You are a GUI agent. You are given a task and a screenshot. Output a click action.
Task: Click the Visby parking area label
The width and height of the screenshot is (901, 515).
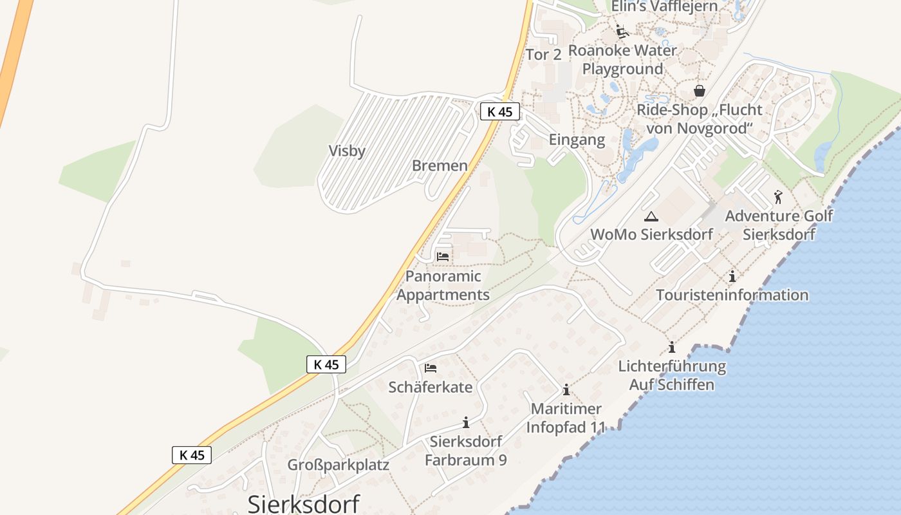coord(347,151)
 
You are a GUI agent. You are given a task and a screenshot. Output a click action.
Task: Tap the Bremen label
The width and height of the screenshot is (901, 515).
coord(440,165)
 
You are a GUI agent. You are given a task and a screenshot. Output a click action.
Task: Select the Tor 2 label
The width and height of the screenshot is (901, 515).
coord(543,55)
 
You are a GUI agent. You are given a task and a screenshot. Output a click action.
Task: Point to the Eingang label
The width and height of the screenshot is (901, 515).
coord(577,140)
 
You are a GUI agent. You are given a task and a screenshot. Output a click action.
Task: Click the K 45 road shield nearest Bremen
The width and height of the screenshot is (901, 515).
coord(499,111)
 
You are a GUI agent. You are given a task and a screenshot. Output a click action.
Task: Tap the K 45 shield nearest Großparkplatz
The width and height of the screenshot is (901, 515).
coord(192,454)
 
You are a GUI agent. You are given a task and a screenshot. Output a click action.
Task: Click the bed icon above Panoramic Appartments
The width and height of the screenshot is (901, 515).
coord(443,256)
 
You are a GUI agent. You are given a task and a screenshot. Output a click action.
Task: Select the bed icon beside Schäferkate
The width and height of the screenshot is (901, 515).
coord(431,368)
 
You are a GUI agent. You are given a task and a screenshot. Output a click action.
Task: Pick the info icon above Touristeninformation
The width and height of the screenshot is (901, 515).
coord(732,277)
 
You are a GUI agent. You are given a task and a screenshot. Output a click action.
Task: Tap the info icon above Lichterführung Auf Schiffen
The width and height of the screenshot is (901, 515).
coord(672,348)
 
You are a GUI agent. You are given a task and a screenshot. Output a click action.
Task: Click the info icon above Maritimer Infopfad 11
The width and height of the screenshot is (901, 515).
coord(566,389)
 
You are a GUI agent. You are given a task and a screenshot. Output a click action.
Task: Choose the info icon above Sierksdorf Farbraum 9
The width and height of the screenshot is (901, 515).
coord(465,423)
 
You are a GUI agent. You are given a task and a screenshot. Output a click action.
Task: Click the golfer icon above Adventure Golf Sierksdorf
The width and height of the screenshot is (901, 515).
coord(778,197)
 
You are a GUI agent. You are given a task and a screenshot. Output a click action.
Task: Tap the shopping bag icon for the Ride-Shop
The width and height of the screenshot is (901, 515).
coord(700,91)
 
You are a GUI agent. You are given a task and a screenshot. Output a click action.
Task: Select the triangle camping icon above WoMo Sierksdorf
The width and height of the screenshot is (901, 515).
coord(651,216)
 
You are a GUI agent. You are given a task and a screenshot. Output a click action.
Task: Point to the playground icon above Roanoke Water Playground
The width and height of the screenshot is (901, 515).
coord(621,31)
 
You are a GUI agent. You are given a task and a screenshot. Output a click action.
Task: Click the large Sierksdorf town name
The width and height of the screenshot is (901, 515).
coord(304,503)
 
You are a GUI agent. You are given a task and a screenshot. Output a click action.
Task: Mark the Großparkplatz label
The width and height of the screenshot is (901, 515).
coord(338,465)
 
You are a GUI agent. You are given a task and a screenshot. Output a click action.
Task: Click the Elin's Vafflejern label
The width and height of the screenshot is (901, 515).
coord(664,6)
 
